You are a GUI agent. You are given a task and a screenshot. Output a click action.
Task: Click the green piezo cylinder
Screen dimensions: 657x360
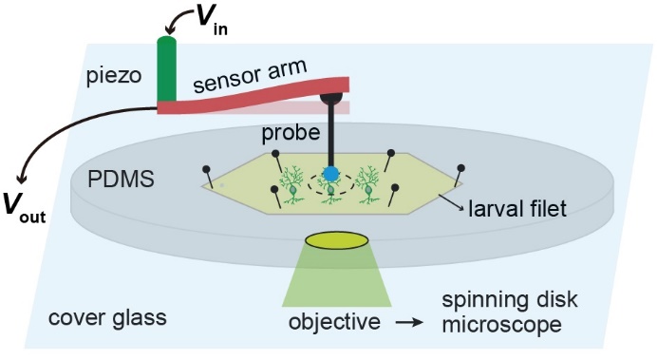167,69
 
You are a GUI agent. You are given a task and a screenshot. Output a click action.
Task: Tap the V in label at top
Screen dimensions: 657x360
212,21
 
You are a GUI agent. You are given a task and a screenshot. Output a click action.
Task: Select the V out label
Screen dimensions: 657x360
25,207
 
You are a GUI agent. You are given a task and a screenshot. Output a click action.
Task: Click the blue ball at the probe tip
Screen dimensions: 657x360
330,174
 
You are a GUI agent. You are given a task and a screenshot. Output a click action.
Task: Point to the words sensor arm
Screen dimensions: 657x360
250,76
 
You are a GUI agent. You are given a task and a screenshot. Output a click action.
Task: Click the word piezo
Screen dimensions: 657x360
114,77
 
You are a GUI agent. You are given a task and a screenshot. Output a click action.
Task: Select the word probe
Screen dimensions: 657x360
291,133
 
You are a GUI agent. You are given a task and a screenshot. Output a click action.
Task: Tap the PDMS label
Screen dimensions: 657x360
122,179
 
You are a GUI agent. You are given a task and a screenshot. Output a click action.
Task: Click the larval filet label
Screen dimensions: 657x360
517,208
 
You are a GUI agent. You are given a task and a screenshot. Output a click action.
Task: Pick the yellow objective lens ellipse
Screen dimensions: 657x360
337,240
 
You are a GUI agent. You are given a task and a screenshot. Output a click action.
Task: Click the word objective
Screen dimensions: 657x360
334,322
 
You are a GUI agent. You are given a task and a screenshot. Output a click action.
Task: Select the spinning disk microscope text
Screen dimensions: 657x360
510,313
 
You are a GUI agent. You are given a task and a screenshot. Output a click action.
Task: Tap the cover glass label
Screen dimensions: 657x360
107,317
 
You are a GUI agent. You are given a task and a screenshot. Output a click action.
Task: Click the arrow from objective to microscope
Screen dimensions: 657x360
409,323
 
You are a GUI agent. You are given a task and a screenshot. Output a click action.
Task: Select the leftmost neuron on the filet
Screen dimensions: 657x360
292,185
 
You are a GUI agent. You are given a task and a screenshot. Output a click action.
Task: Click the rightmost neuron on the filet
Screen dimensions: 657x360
367,185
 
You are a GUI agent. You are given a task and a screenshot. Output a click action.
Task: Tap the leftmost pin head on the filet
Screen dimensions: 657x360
206,169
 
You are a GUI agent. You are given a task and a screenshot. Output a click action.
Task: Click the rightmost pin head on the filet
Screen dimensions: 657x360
460,168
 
